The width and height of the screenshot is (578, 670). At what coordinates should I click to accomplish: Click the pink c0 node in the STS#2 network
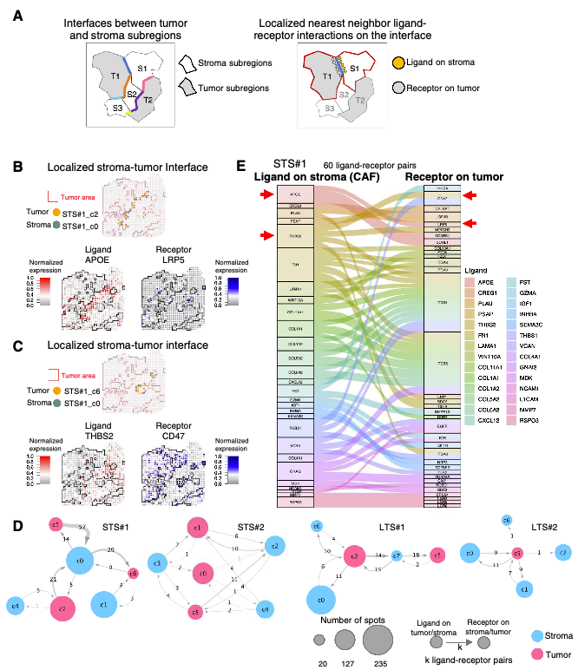coord(205,573)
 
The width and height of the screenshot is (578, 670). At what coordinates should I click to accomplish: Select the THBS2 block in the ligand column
coord(294,235)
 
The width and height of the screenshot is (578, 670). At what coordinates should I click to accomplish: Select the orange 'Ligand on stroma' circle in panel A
coord(398,63)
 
